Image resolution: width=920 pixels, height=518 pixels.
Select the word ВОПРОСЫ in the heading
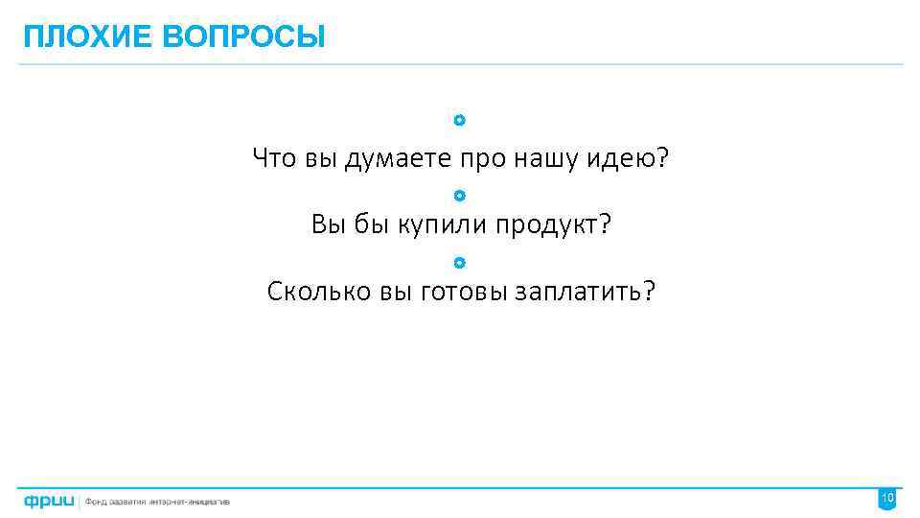click(243, 37)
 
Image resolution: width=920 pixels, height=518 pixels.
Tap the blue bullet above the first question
click(460, 121)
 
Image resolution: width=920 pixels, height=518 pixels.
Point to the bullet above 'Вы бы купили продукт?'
click(460, 196)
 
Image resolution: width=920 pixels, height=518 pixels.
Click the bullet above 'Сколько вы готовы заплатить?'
click(460, 262)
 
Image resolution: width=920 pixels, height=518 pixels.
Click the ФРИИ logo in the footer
click(50, 501)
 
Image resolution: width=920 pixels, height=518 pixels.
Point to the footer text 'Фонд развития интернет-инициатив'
click(158, 501)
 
